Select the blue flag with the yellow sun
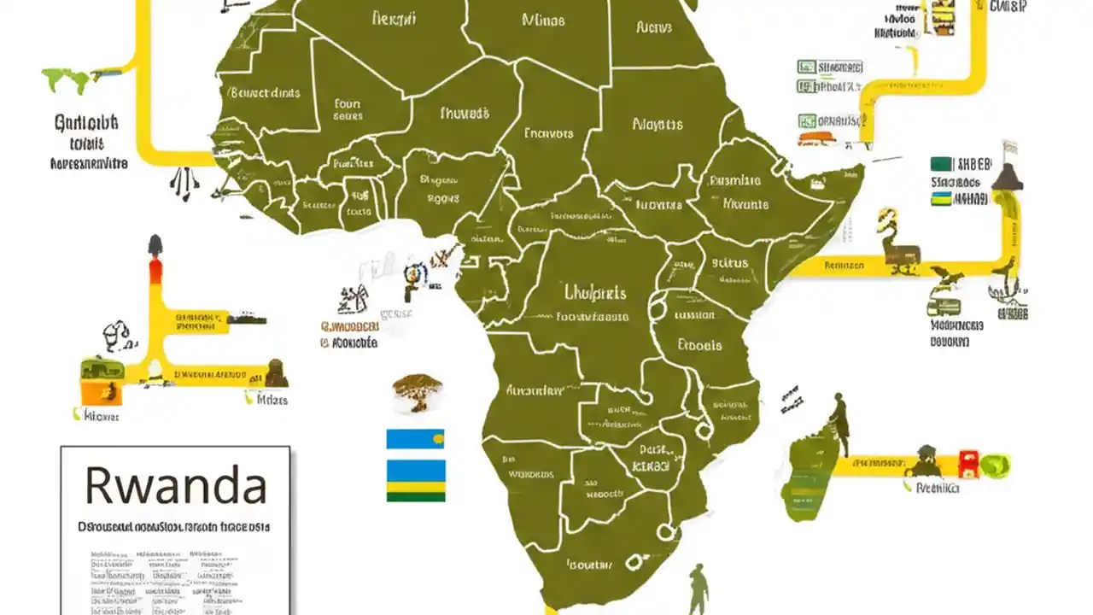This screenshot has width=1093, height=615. tap(415, 439)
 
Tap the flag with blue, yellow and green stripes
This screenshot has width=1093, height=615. tap(415, 480)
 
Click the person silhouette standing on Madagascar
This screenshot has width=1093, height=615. tap(839, 422)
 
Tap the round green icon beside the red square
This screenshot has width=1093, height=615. tap(994, 466)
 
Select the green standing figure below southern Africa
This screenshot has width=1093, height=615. tap(698, 589)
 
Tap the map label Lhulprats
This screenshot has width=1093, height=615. tap(595, 293)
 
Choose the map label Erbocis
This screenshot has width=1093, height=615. tap(699, 345)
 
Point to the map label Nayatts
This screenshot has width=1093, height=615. tap(658, 124)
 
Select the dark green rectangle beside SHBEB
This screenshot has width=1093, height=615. tap(941, 164)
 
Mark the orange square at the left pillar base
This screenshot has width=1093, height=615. tap(91, 393)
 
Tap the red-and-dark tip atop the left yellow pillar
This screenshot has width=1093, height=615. tap(155, 256)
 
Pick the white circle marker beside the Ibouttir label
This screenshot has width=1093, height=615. tap(634, 562)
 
